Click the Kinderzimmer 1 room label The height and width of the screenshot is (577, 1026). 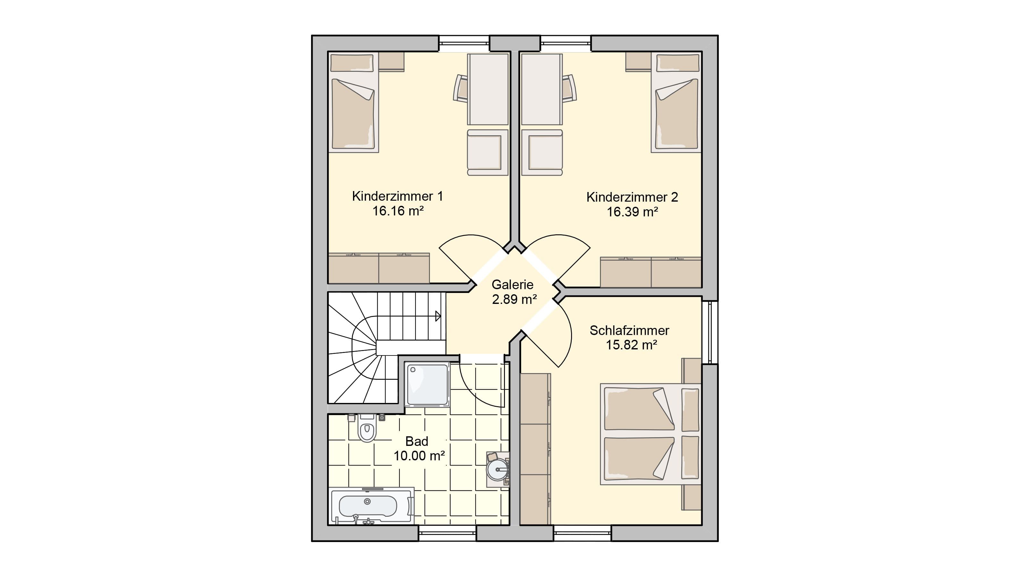tap(397, 196)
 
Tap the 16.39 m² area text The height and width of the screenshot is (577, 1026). tap(632, 212)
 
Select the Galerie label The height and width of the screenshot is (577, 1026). tap(512, 284)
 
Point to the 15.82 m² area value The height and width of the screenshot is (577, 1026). tap(631, 345)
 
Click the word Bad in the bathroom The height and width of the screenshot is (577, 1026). tap(416, 441)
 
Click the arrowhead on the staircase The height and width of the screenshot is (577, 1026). tap(438, 316)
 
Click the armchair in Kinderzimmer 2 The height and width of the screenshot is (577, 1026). tap(542, 152)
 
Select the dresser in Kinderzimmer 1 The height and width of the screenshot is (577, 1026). tap(379, 268)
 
